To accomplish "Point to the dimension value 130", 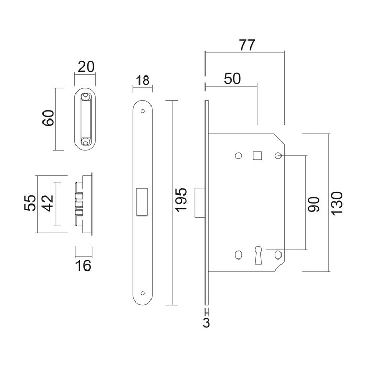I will (x=337, y=202).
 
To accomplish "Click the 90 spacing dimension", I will (x=314, y=202).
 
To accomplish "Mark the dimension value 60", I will (x=49, y=119).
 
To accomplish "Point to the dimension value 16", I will (x=84, y=266).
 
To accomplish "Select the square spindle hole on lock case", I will (x=257, y=156).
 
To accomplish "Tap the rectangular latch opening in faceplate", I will (x=142, y=201).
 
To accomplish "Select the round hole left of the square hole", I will (x=239, y=156).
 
